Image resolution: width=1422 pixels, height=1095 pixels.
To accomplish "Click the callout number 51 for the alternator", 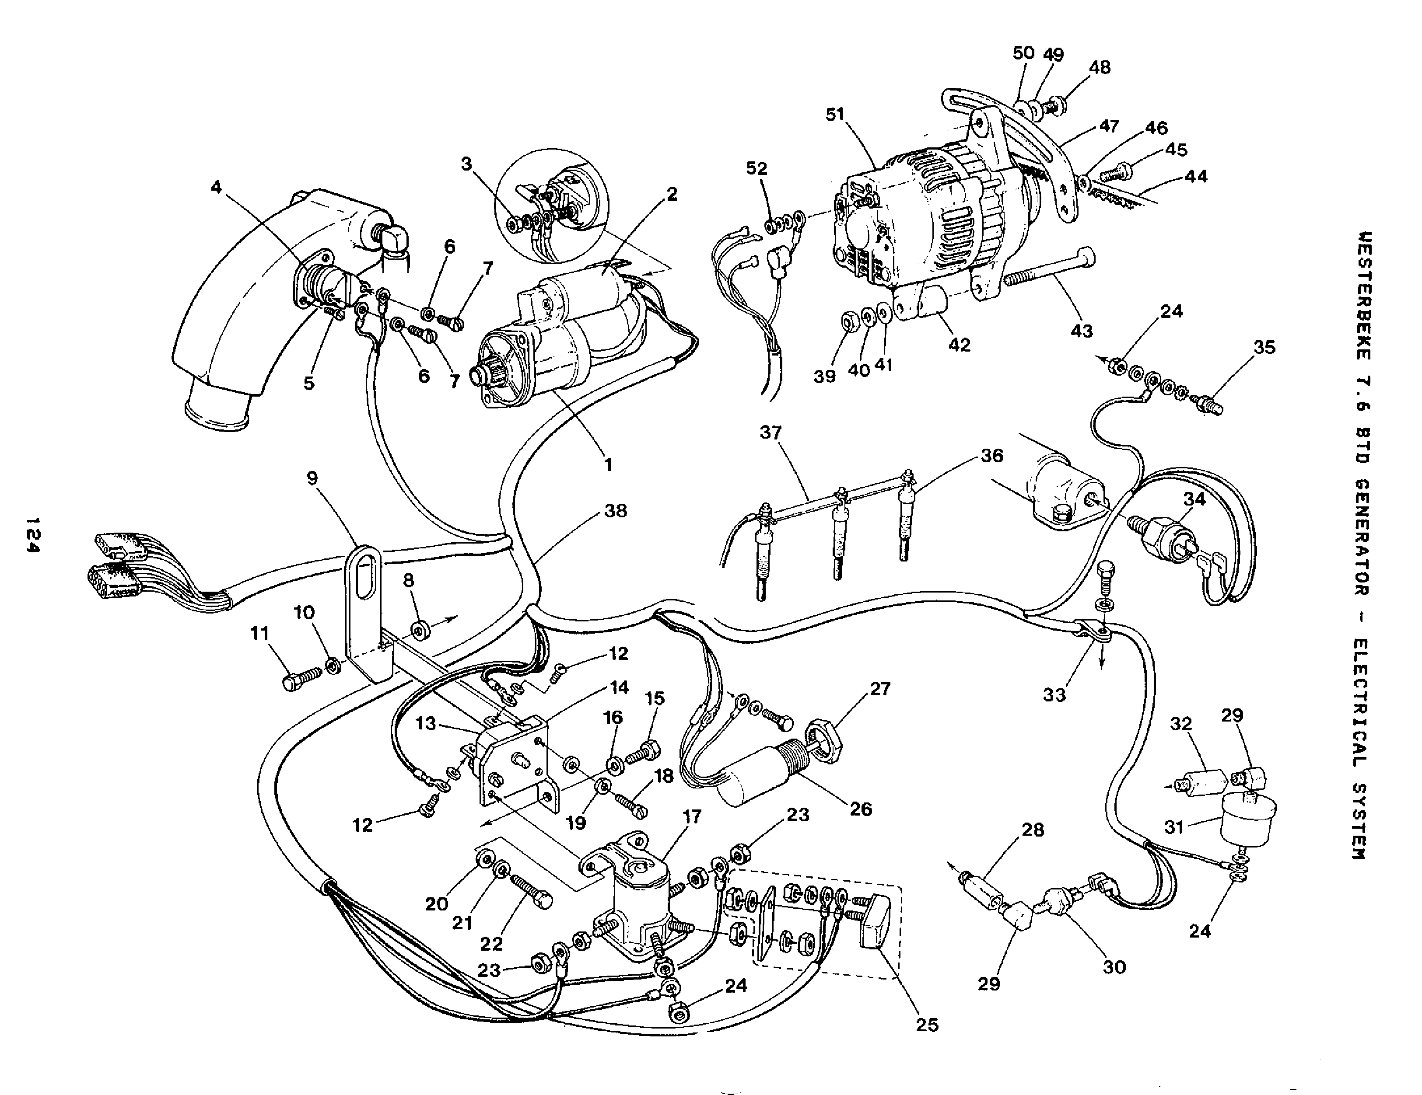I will coord(835,115).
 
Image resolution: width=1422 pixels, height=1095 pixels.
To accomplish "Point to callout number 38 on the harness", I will coord(615,511).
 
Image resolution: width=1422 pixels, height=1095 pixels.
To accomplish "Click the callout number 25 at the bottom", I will coord(927,1025).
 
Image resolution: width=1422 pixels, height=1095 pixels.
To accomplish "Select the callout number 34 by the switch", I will coord(1194,499).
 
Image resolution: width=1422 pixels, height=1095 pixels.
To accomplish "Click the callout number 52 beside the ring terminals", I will coord(757,168).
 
